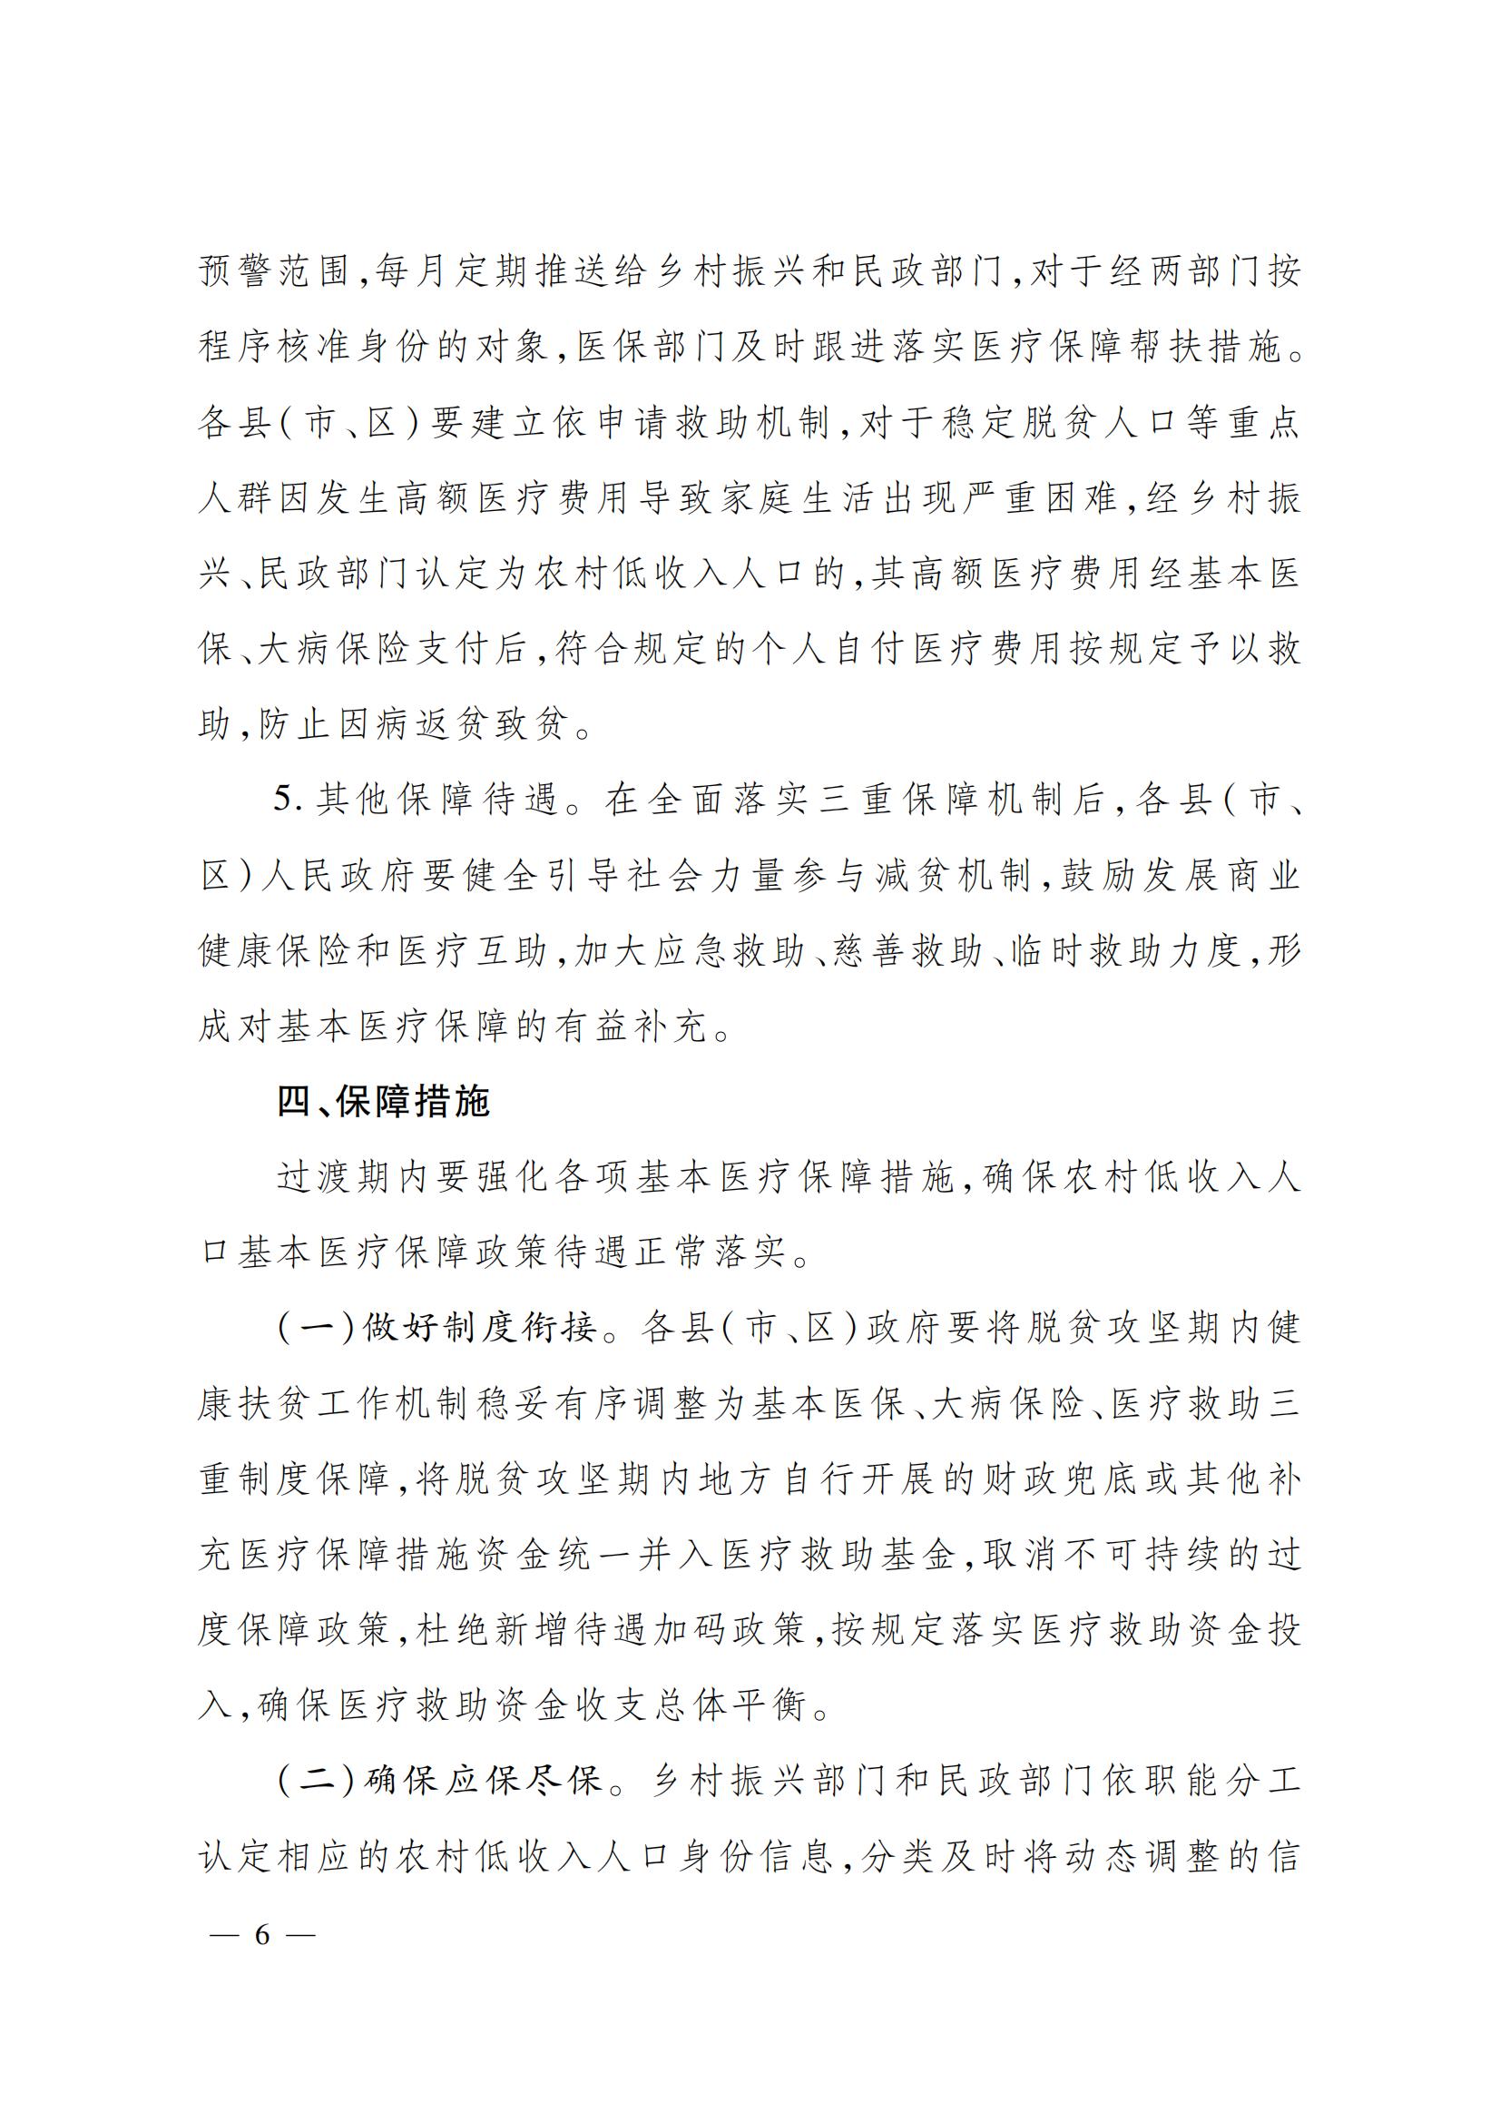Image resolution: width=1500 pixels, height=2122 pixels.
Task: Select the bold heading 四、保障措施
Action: coord(383,1102)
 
